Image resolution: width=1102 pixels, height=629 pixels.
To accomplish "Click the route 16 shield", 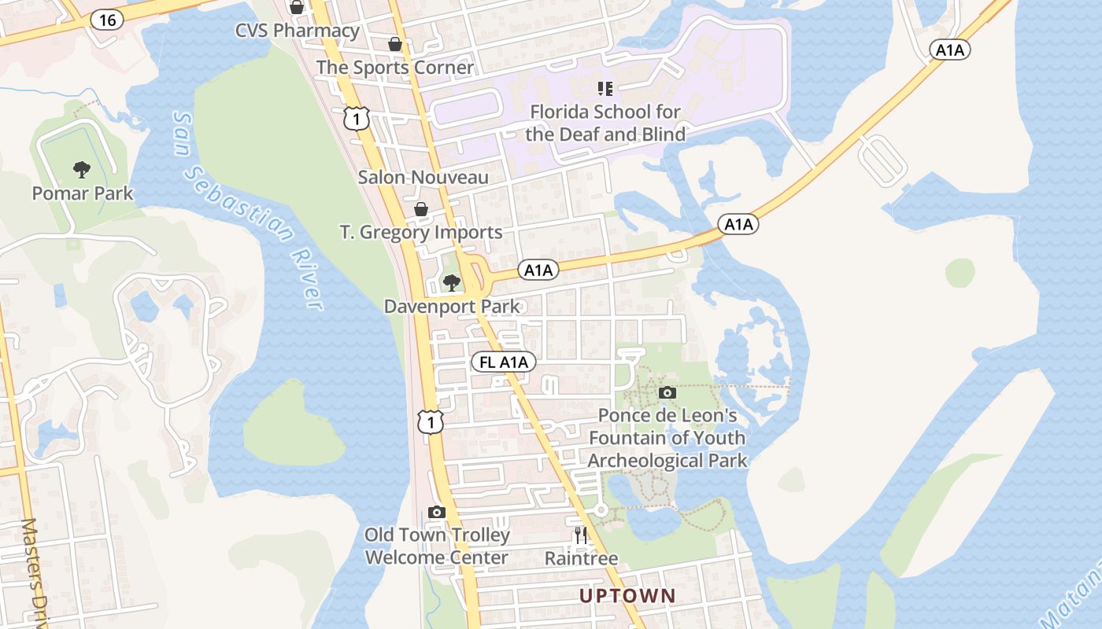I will click(107, 20).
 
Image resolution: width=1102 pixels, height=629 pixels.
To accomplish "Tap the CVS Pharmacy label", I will click(298, 31).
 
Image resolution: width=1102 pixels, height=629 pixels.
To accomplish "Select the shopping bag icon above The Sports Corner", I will click(395, 45).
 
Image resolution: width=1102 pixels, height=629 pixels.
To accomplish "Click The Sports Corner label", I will click(395, 68).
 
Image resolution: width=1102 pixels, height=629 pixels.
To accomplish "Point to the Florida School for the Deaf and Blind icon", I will click(605, 88).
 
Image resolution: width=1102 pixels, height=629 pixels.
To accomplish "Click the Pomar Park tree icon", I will click(81, 169).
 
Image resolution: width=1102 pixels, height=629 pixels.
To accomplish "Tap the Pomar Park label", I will click(83, 193).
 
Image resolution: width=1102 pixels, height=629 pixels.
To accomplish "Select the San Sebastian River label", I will click(248, 211).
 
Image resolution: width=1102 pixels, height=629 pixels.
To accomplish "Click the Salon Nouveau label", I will click(423, 177).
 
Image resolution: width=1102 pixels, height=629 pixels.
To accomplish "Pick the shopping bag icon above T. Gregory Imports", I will click(421, 209).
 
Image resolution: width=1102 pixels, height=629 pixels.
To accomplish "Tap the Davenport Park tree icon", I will click(451, 283).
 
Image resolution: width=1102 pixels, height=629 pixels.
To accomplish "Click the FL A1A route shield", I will click(504, 362).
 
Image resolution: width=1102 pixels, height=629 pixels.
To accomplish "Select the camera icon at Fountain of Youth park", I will click(667, 392).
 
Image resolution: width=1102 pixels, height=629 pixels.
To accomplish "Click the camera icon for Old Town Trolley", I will click(437, 512).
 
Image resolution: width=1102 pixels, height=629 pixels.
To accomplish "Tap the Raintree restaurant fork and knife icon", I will click(581, 536).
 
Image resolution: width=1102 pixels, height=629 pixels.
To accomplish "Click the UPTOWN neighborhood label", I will click(627, 595).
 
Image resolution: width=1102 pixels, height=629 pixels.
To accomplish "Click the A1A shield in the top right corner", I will click(950, 50).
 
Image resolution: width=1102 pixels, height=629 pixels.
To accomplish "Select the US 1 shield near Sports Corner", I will click(356, 119).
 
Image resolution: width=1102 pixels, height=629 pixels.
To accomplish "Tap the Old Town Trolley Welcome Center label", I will click(437, 546).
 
